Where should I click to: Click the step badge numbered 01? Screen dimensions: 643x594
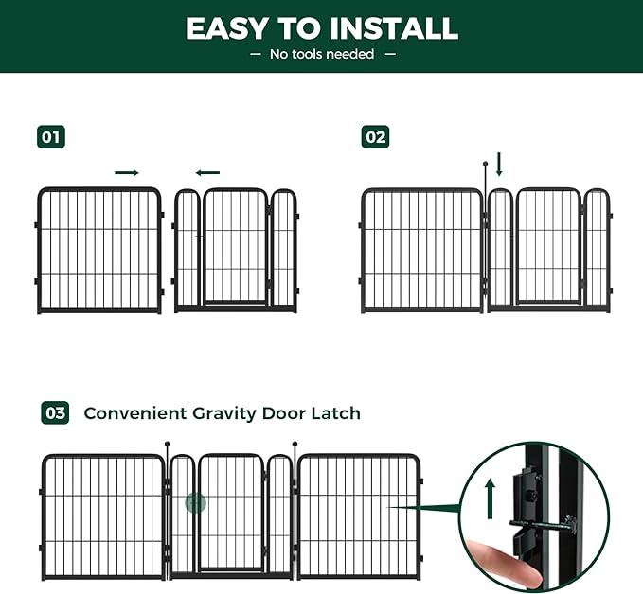click(51, 137)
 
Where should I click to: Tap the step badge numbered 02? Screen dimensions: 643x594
click(375, 137)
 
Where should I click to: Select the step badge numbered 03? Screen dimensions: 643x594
click(55, 413)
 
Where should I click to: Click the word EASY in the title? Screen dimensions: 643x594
click(226, 28)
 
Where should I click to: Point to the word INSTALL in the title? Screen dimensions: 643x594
click(394, 28)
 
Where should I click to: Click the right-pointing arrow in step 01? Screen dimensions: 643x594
click(127, 173)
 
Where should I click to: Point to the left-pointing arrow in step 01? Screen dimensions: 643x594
click(207, 173)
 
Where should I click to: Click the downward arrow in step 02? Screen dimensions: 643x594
click(499, 164)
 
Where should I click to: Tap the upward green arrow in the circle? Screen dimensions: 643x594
click(490, 499)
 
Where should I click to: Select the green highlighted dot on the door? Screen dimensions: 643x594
click(196, 502)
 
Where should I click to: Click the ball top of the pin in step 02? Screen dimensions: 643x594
click(486, 164)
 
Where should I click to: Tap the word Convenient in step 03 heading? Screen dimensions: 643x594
click(135, 413)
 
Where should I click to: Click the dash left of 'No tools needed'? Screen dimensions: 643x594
click(255, 54)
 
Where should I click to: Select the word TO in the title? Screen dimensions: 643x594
click(298, 28)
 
